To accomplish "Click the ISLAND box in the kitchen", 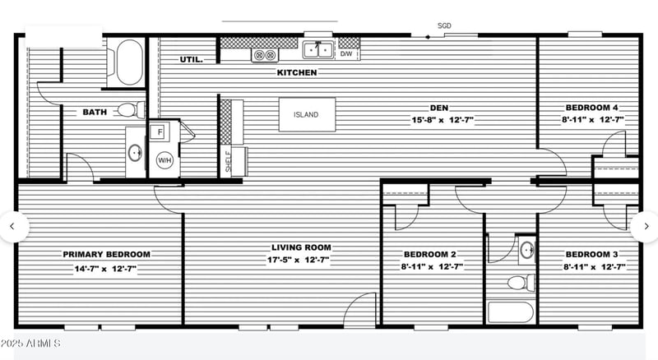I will pos(305,114).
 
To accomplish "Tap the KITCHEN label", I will pos(297,73).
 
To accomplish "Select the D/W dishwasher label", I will pos(346,54).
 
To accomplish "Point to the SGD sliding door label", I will pos(444,26).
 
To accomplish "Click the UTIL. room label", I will pos(192,59).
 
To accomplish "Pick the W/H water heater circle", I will pos(164,160).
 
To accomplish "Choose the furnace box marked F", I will pos(160,132).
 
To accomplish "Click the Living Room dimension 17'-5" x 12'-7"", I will pos(301,261).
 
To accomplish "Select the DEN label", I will pos(438,107).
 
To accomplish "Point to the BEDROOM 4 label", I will pos(591,108).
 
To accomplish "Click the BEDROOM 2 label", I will pos(430,254).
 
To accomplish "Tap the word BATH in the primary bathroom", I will pos(94,112).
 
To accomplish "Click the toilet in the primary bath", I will pos(128,109).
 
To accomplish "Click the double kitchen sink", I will pos(318,50).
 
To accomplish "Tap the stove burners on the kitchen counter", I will pos(265,55).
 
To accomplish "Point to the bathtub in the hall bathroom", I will pos(509,312).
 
